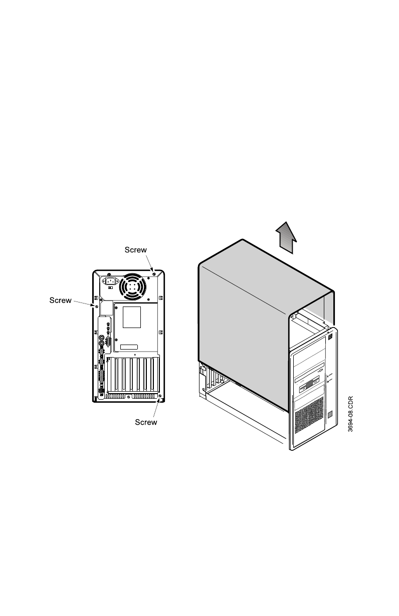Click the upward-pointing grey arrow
(285, 238)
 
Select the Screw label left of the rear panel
(60, 300)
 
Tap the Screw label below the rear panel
(146, 422)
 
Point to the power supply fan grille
(131, 287)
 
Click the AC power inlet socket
(110, 281)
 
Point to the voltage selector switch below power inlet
(110, 295)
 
